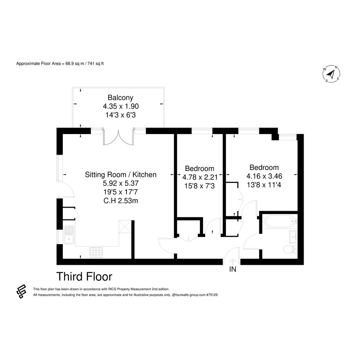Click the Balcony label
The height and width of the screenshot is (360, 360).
click(x=120, y=98)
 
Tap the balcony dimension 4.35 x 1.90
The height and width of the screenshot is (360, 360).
click(x=121, y=106)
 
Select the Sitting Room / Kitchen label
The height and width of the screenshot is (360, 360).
click(x=120, y=175)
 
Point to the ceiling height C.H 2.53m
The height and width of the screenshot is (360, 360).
click(x=120, y=201)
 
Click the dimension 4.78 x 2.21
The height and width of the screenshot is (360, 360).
click(x=200, y=177)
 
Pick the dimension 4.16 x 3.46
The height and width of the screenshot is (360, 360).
click(x=264, y=176)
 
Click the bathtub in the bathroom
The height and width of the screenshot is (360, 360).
click(x=280, y=221)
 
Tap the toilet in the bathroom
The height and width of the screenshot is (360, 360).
click(x=290, y=249)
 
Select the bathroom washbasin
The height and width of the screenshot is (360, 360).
click(x=293, y=237)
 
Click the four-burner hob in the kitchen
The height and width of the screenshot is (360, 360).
click(x=96, y=252)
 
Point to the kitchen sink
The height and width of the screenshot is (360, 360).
click(x=69, y=235)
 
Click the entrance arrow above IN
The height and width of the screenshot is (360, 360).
click(x=233, y=262)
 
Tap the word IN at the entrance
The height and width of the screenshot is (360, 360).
click(x=233, y=269)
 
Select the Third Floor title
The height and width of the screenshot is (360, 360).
click(x=84, y=277)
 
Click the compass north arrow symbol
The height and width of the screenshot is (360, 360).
click(x=331, y=74)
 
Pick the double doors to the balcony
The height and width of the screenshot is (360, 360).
click(x=118, y=137)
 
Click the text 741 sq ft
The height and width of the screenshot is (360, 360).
click(x=96, y=64)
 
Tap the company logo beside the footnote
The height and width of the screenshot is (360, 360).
click(x=21, y=291)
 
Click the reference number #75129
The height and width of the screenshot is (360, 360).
click(x=212, y=295)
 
